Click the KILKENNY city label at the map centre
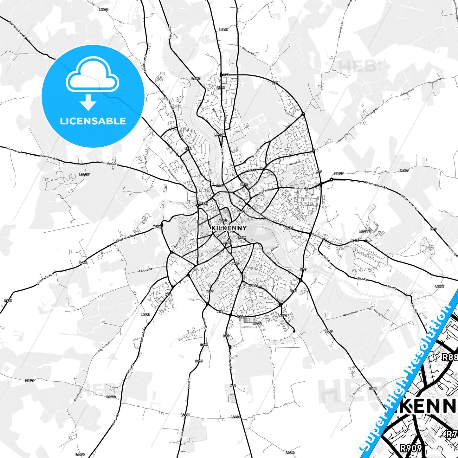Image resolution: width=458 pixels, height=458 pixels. [x=229, y=228]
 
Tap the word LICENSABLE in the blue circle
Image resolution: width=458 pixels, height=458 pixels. [x=93, y=121]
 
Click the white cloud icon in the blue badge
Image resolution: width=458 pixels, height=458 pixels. [x=93, y=75]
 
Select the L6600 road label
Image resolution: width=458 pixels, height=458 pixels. [x=104, y=10]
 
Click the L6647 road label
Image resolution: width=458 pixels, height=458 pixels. [x=223, y=30]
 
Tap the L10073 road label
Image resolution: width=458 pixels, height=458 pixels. [x=85, y=175]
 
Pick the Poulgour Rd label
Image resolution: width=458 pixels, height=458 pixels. [x=146, y=270]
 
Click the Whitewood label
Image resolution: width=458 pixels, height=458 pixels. [x=294, y=163]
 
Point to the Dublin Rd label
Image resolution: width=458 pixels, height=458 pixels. [x=318, y=236]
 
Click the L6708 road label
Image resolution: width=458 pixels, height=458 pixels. [x=439, y=287]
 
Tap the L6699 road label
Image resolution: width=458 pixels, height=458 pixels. [x=290, y=453]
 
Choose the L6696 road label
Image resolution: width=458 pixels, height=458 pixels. [x=80, y=454]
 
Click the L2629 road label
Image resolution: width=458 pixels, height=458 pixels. [x=30, y=380]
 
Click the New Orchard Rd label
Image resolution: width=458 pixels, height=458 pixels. [x=341, y=30]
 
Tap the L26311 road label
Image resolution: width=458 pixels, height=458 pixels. [x=364, y=231]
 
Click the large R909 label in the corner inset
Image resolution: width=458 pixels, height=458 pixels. [x=410, y=448]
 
